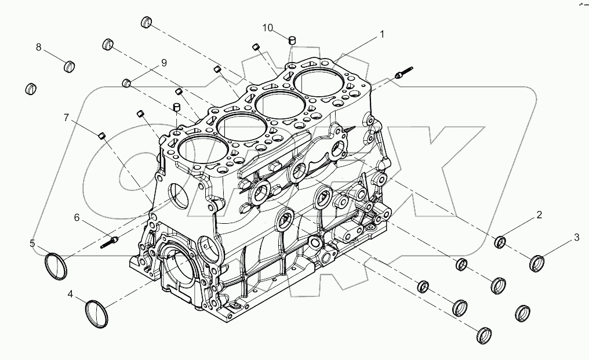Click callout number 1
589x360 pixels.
[x=381, y=35]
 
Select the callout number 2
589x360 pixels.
[x=539, y=215]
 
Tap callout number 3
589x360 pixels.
[x=576, y=237]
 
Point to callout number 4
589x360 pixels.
[x=70, y=294]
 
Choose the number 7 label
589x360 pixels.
[x=67, y=118]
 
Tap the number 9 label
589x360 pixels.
[x=163, y=63]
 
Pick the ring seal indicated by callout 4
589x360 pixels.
[x=96, y=313]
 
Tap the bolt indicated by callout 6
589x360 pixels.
[x=110, y=241]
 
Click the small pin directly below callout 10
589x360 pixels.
[x=293, y=40]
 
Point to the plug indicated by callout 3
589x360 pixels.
[x=537, y=263]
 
